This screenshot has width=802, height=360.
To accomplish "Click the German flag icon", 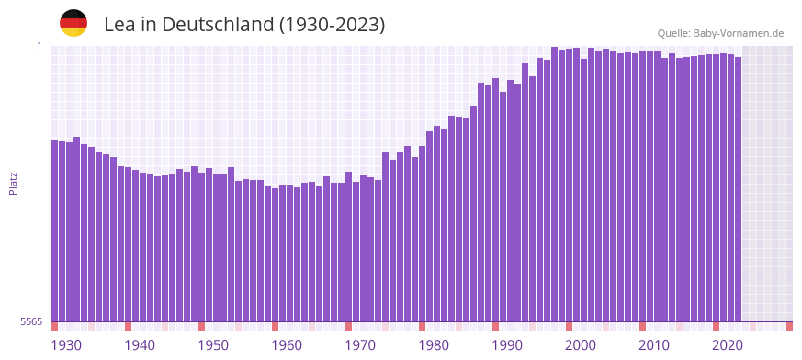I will click(73, 23).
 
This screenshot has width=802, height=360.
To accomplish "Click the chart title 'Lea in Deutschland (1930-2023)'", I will click(244, 25).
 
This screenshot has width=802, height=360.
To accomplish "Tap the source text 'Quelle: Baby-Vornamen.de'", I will click(720, 33).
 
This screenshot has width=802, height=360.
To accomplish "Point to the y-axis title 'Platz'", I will click(13, 183).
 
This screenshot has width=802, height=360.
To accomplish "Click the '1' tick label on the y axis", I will click(40, 46).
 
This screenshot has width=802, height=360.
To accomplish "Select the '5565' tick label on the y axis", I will click(31, 321).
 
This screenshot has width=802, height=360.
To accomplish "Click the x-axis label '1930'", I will click(66, 345).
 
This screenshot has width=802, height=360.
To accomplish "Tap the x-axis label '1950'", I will click(213, 345).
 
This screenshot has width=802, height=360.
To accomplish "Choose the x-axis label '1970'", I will click(360, 345).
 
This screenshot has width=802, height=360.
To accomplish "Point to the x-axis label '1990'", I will click(507, 345).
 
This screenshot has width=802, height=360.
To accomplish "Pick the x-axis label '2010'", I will click(654, 345).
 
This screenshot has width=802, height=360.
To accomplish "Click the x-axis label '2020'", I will click(728, 345).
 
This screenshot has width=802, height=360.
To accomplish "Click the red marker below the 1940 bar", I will click(128, 326).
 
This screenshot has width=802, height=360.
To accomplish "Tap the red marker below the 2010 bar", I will click(642, 326).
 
